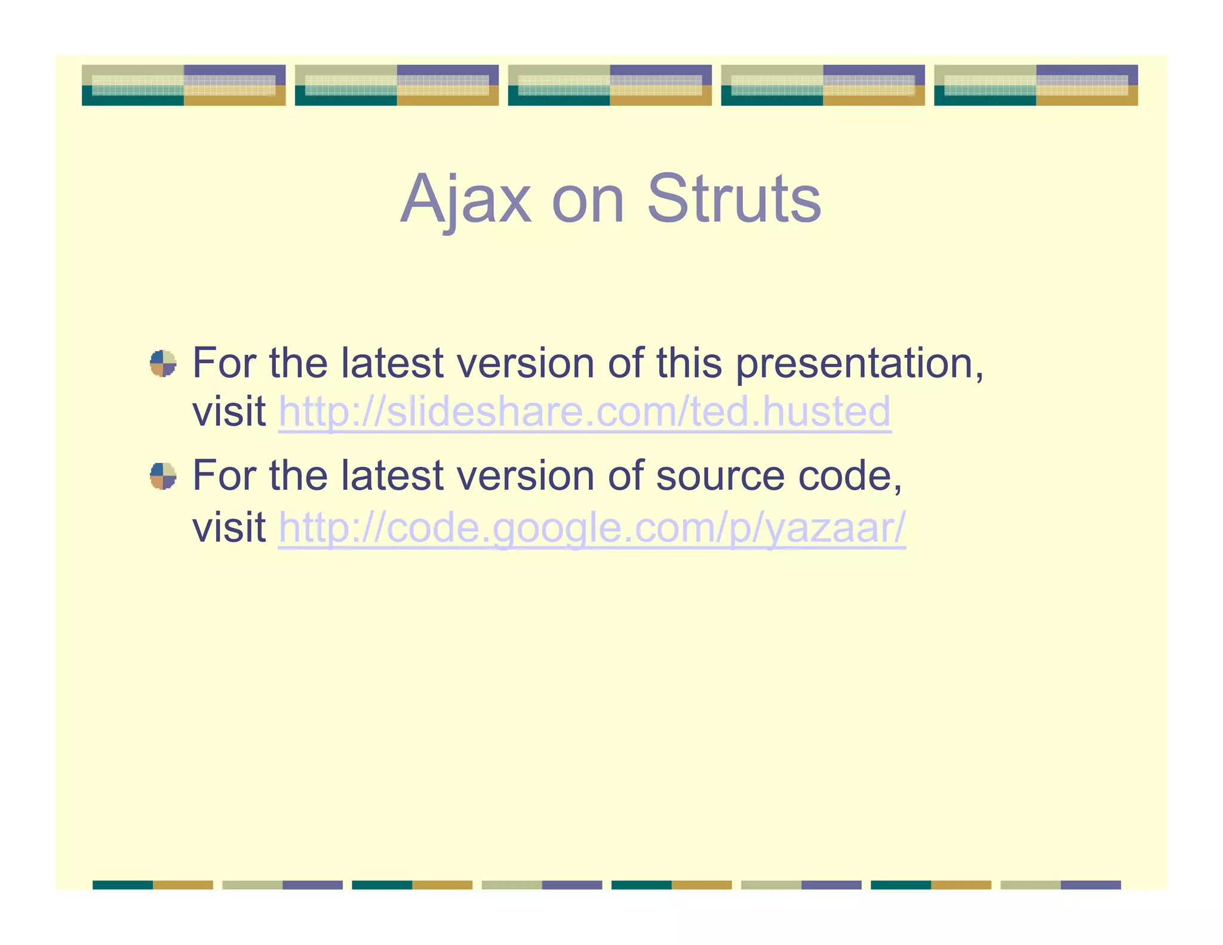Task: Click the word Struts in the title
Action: tap(734, 199)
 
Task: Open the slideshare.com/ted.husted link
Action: tap(585, 412)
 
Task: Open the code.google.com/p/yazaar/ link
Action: tap(592, 528)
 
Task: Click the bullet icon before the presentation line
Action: tap(163, 363)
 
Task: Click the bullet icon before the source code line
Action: tap(163, 475)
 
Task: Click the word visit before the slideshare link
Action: tap(229, 412)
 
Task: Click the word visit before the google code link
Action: tap(229, 528)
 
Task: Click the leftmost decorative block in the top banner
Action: tap(183, 85)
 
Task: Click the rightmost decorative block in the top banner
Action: tap(1035, 85)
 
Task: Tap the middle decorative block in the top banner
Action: tap(610, 85)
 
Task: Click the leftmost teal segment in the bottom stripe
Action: tap(122, 885)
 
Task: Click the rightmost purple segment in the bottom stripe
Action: tap(1090, 885)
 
